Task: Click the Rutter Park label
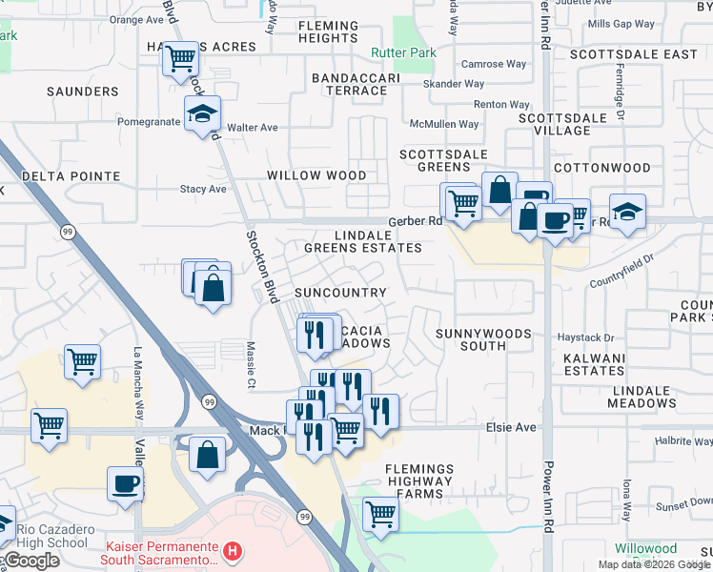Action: [403, 52]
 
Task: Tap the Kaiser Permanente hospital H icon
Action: [231, 550]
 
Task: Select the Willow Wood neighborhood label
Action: [316, 175]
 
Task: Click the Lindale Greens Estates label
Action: [362, 241]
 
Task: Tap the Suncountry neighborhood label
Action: [340, 293]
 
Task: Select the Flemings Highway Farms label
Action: [419, 480]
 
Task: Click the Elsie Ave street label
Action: [513, 428]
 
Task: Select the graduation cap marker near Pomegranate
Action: [202, 114]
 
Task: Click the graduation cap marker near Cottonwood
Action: [627, 210]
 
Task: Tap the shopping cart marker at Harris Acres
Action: [179, 59]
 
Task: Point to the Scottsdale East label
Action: [634, 54]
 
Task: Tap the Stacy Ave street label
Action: [203, 189]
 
